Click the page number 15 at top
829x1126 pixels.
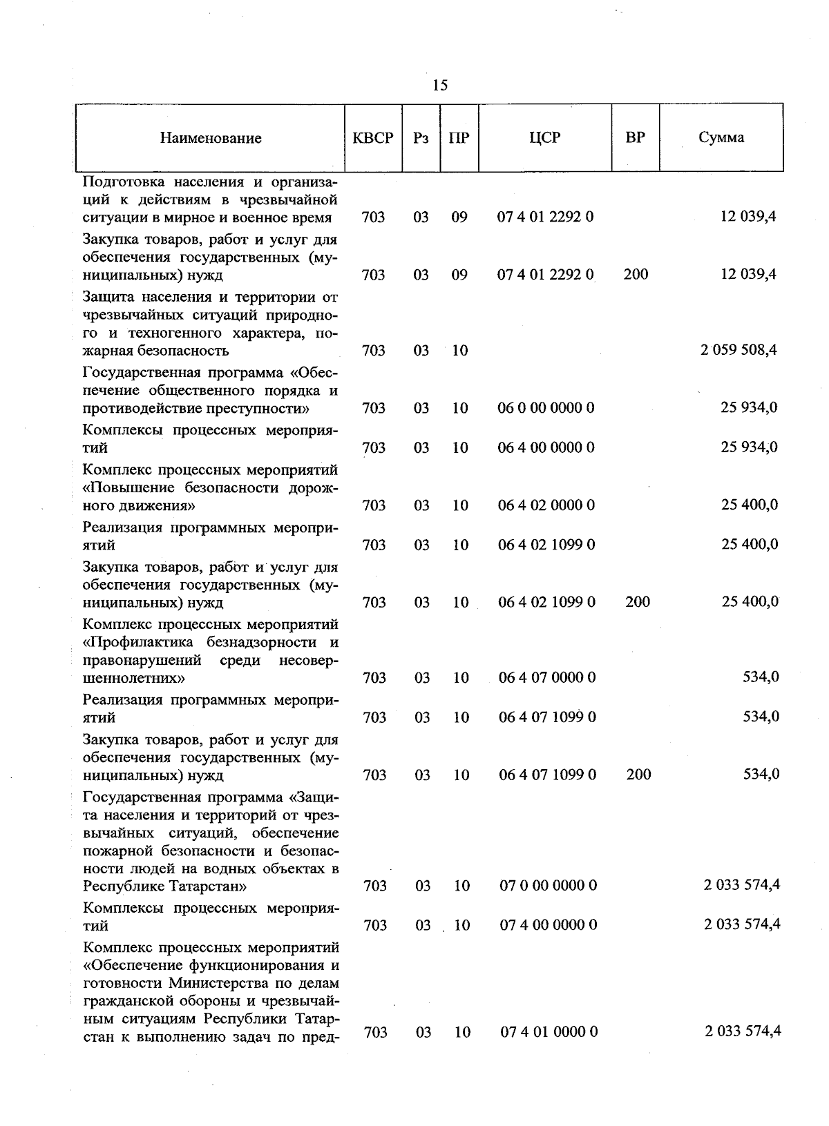(440, 85)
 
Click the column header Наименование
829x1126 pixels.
(211, 138)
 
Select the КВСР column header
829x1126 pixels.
(373, 137)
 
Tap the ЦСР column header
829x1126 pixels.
(544, 137)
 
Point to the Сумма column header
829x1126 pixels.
(721, 137)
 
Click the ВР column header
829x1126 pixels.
(635, 137)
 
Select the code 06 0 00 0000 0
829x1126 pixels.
(546, 408)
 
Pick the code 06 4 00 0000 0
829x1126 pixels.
(546, 447)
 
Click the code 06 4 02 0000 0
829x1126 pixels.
(546, 505)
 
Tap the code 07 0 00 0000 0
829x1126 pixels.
(548, 885)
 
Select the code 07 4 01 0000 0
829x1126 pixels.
(549, 1032)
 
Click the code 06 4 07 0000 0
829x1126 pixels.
(547, 678)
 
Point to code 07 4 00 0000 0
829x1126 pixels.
(548, 925)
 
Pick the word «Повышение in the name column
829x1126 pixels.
(128, 488)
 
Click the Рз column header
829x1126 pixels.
(421, 137)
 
